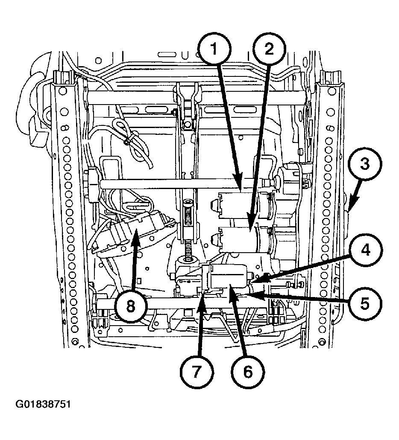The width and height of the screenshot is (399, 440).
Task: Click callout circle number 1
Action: pos(214,50)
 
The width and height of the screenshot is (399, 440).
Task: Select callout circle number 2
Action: pos(269,50)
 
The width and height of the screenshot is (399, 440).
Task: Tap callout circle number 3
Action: pos(365,164)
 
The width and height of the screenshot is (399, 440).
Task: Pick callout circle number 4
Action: pos(365,251)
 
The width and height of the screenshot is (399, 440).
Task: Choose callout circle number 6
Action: pos(248,372)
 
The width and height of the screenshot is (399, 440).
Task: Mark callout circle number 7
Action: pos(197,372)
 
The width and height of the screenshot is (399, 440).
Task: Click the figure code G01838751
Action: pos(43,404)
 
